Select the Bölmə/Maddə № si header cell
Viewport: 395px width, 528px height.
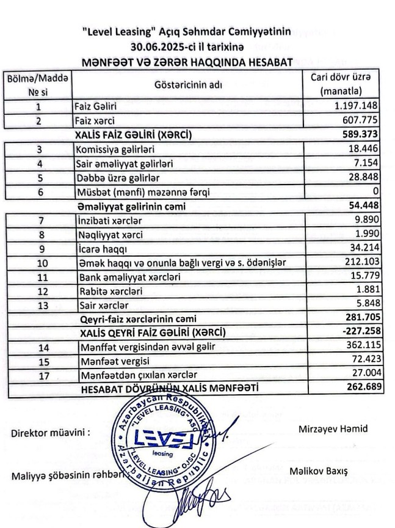38,85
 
